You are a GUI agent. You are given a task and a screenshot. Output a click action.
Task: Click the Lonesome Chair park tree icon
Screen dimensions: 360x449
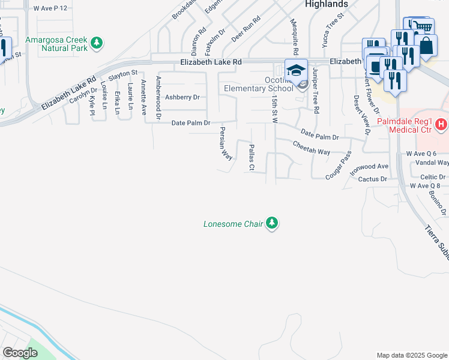273,224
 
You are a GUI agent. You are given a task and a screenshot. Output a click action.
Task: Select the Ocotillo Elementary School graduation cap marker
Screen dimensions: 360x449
296,71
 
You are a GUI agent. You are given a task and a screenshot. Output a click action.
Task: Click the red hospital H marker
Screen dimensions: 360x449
442,125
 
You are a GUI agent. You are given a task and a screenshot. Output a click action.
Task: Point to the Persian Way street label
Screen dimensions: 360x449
225,143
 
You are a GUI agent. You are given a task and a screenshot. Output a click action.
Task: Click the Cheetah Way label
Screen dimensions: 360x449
311,148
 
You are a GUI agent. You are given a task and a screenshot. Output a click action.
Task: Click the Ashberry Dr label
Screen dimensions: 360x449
182,97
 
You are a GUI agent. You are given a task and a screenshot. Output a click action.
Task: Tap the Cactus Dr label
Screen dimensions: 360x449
372,179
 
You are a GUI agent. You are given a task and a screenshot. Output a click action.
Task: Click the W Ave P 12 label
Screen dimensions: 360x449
50,8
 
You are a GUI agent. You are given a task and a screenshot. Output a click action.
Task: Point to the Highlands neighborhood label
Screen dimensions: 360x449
326,4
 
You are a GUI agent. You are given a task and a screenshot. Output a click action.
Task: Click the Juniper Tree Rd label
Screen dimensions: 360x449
315,90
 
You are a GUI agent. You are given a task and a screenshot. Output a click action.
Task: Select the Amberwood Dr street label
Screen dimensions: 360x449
158,97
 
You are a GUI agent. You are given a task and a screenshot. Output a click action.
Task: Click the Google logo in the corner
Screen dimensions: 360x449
20,353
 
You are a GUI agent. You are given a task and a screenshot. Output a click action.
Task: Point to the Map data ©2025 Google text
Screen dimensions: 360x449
411,355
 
